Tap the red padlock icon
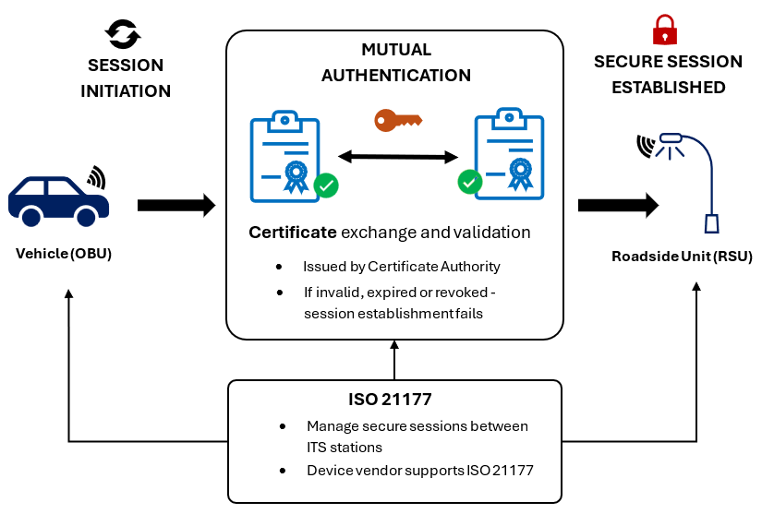(x=664, y=30)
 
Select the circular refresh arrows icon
(x=123, y=34)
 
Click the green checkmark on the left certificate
(x=326, y=185)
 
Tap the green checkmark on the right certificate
(x=470, y=182)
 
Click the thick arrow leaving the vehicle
(x=175, y=205)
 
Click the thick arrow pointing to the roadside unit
(x=617, y=205)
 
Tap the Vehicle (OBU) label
(x=64, y=254)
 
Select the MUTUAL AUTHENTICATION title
(x=395, y=63)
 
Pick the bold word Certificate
(x=293, y=233)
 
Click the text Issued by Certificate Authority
(x=401, y=267)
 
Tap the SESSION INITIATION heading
(x=126, y=78)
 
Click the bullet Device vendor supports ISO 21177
(x=419, y=471)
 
